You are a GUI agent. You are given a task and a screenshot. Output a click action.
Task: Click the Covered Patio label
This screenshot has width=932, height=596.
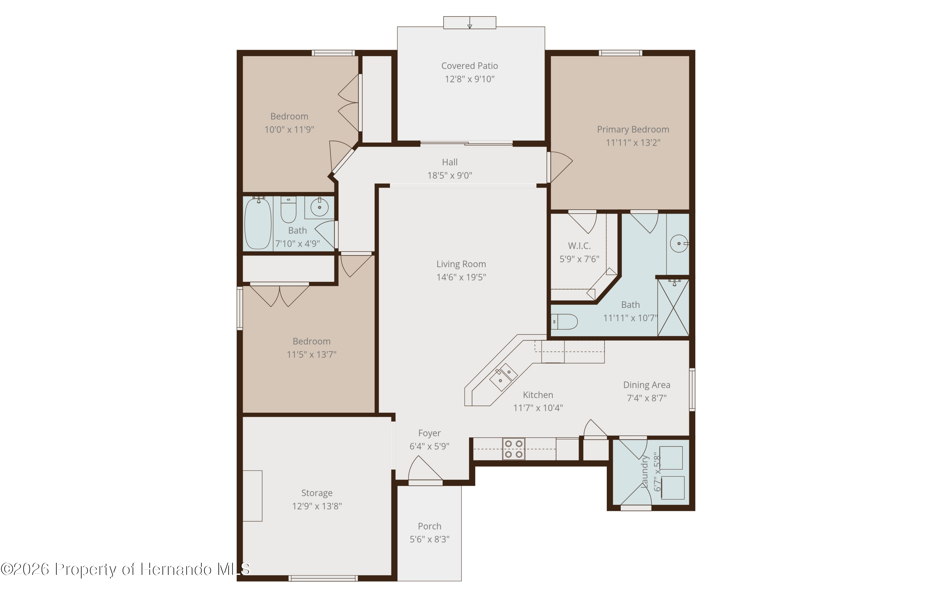click(x=469, y=66)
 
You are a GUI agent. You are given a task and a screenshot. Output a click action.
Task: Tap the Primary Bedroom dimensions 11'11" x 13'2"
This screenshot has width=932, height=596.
click(x=633, y=143)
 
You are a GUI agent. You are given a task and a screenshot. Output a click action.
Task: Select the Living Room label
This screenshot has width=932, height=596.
click(x=461, y=264)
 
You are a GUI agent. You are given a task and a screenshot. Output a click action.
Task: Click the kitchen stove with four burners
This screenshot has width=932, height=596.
click(x=514, y=449)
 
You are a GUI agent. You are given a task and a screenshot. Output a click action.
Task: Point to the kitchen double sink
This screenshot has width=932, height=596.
click(x=503, y=377)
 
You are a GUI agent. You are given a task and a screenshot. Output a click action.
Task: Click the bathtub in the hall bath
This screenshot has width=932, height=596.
click(x=258, y=224)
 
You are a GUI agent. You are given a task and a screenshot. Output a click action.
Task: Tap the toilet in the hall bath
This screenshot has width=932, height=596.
click(x=288, y=209)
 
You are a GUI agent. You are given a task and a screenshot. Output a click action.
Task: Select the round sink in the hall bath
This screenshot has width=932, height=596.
click(x=319, y=207)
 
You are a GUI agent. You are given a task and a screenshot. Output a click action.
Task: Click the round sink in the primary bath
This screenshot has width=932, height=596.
click(x=679, y=243)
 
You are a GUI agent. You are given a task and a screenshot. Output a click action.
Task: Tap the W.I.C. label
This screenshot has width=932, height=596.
click(x=579, y=246)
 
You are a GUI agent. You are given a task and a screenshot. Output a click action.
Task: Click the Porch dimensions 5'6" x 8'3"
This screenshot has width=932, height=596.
click(x=430, y=539)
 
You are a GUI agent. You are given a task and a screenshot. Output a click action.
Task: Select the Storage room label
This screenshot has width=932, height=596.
click(x=317, y=493)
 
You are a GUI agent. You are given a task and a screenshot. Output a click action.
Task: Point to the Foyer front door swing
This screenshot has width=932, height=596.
click(x=425, y=469)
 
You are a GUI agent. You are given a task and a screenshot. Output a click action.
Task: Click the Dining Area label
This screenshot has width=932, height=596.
click(x=647, y=385)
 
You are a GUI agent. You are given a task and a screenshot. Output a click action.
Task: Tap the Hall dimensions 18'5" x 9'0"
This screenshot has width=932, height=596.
click(x=450, y=175)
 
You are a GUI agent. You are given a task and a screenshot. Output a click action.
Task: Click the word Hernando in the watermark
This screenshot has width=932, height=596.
click(x=176, y=569)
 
